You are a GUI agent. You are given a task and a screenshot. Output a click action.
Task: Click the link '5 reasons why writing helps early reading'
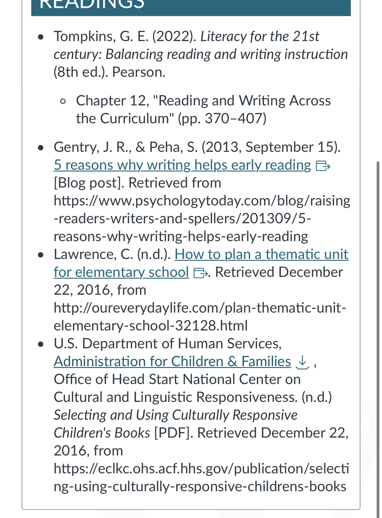click(182, 165)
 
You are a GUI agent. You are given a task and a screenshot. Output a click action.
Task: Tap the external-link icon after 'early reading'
click(323, 166)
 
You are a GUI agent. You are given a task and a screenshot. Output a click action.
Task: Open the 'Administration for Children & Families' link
click(172, 362)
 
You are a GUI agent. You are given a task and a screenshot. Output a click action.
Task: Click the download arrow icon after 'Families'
click(303, 362)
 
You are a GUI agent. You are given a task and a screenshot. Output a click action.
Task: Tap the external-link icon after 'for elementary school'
click(200, 273)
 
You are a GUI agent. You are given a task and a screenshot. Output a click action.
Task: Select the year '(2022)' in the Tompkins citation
click(174, 37)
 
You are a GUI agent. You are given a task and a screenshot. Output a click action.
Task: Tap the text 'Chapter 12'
click(112, 101)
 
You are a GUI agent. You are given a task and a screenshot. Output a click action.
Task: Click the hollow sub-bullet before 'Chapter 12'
click(63, 101)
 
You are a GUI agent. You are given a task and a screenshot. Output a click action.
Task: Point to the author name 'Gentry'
click(76, 147)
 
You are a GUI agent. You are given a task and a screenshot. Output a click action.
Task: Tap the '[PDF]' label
click(174, 433)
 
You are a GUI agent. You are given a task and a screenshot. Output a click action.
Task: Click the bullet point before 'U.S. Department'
click(41, 344)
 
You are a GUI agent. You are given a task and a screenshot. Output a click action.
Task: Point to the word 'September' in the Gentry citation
click(279, 147)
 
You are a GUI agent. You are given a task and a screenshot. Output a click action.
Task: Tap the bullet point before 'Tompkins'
click(41, 37)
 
